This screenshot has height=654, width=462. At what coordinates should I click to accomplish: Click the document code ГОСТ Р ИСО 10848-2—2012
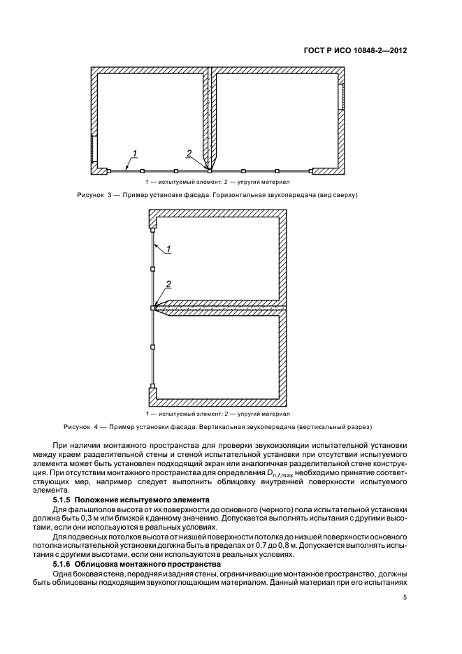354,51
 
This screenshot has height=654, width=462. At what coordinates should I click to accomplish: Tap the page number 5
405,597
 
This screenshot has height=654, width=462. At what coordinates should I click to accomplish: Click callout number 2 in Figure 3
189,153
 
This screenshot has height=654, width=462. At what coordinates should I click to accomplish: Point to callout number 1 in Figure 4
168,247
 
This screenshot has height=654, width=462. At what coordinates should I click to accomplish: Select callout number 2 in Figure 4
168,284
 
